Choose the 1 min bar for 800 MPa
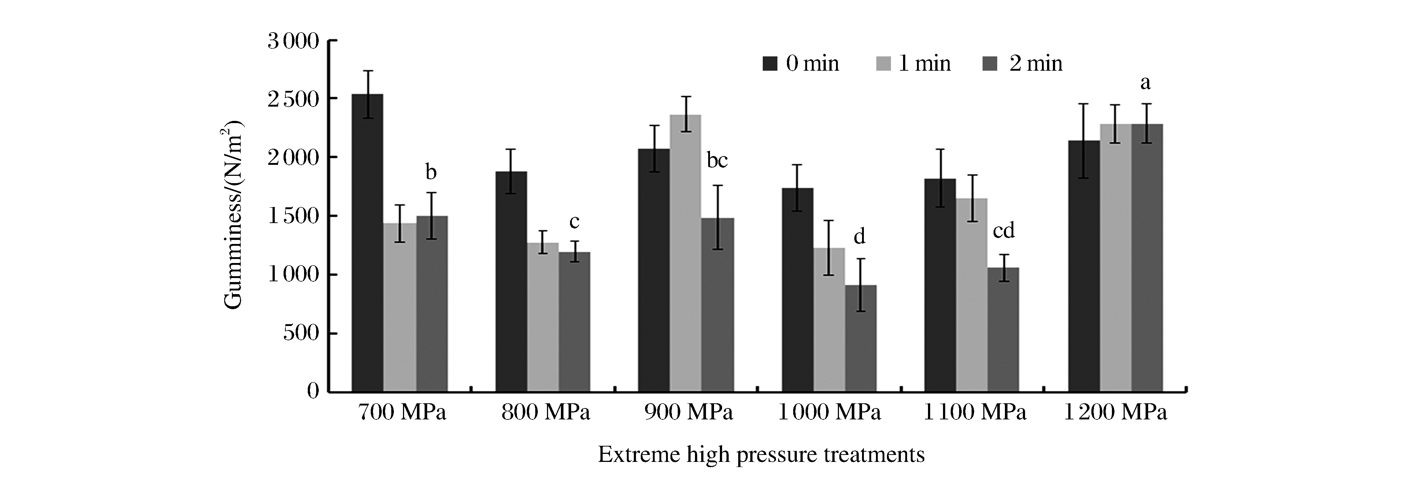[543, 317]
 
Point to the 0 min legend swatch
[770, 63]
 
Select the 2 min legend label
[1035, 63]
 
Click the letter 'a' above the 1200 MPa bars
[1145, 83]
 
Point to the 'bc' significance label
[717, 160]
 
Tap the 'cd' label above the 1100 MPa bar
[1004, 231]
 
